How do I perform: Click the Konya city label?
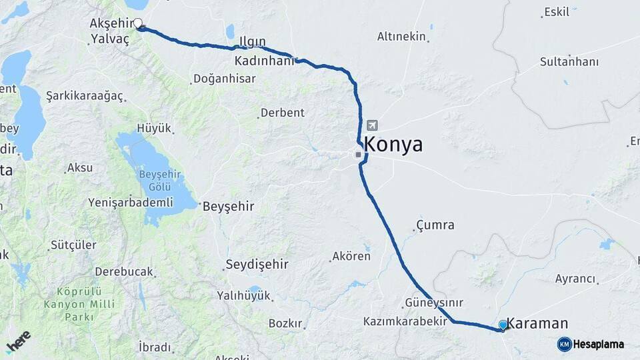[393, 145]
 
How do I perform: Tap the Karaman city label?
[537, 324]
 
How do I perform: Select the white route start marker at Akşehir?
[138, 24]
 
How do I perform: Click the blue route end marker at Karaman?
[503, 325]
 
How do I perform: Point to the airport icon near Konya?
[371, 125]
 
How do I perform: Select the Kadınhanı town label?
[265, 61]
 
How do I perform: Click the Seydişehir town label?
[257, 264]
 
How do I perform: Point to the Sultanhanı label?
[569, 62]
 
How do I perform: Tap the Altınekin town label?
[401, 37]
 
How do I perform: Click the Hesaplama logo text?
[599, 345]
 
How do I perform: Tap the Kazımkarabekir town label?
[405, 321]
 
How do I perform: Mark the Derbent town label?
[282, 113]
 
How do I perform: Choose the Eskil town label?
[557, 12]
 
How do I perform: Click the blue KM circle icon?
[564, 344]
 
